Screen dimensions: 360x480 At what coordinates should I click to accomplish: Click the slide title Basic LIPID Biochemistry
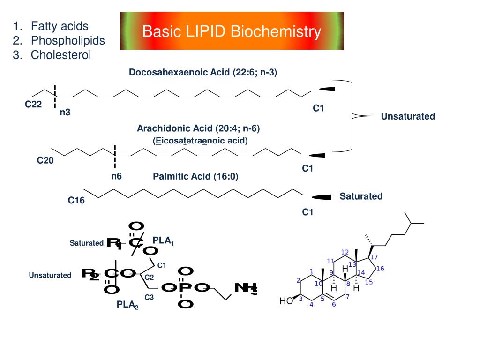coord(232,31)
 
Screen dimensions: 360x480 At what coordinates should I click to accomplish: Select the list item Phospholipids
coord(67,40)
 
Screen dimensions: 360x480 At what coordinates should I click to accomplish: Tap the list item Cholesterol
coord(61,55)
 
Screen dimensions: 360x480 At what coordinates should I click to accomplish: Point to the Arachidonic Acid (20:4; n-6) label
coord(198,128)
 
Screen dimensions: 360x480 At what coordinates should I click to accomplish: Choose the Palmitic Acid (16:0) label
coord(195,176)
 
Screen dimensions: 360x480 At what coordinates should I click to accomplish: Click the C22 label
coord(33,104)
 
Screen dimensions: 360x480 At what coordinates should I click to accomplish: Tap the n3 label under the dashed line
coord(65,112)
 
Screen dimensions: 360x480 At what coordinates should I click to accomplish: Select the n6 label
coord(116,176)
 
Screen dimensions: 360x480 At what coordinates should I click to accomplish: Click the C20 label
coord(45,160)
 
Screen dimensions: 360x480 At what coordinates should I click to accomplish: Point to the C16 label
coord(76,201)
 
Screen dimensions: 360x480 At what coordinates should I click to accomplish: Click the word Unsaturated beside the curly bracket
coord(408,116)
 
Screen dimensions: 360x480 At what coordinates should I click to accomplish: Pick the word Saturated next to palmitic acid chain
coord(361,196)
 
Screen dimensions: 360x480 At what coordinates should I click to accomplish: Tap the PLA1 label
coord(163,241)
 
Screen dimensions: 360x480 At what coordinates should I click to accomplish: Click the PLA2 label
coord(127,305)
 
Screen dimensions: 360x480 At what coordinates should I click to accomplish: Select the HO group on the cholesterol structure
coord(286,301)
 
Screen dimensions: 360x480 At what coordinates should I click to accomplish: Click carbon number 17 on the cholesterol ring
coord(374,257)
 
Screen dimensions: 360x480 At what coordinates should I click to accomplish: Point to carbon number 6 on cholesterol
coord(334,304)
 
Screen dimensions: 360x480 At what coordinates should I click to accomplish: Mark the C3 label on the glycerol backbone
coord(149,297)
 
